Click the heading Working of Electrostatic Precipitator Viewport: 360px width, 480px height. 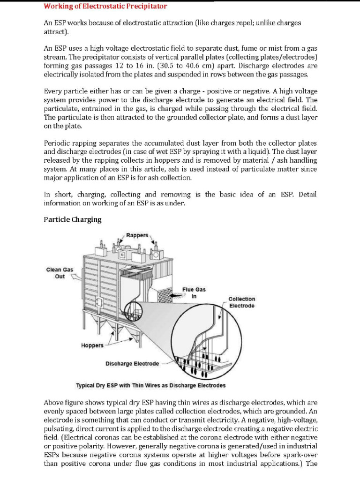[x=105, y=7]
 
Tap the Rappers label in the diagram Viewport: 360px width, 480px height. [x=137, y=235]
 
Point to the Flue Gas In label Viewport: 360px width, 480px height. [x=194, y=293]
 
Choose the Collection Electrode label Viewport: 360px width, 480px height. [x=241, y=302]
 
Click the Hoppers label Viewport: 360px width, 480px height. [x=92, y=345]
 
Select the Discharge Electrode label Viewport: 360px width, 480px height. [x=132, y=363]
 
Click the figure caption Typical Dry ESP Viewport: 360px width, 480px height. [x=150, y=385]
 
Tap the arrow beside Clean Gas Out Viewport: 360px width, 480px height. [x=75, y=277]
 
